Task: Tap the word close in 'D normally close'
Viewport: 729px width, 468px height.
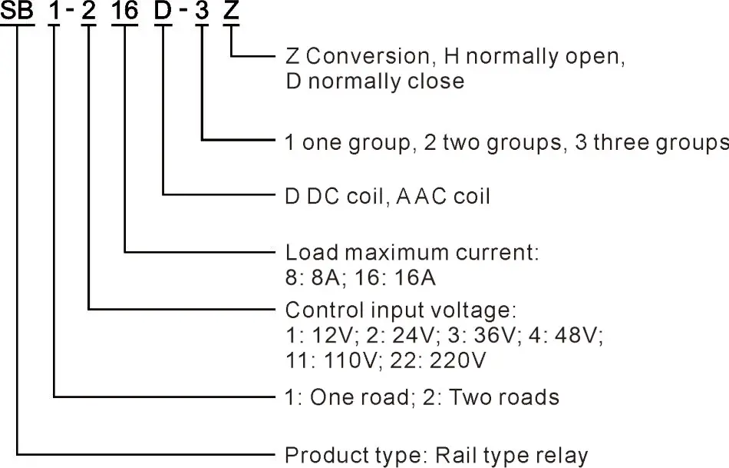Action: click(437, 81)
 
